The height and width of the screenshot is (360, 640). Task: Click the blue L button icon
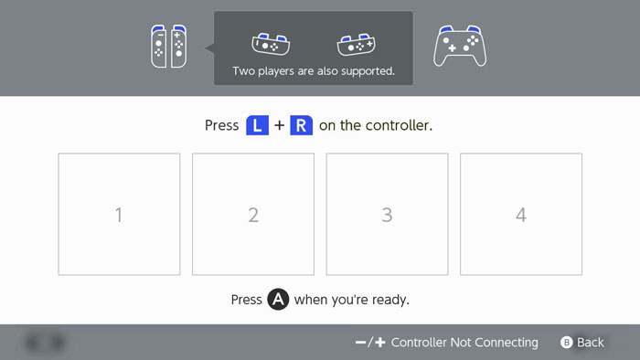click(257, 125)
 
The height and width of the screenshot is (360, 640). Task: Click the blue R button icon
click(301, 125)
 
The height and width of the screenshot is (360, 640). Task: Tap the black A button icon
click(278, 300)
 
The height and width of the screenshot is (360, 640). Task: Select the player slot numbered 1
click(119, 214)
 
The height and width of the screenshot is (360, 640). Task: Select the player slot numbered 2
click(253, 214)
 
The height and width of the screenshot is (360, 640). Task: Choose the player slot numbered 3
click(387, 214)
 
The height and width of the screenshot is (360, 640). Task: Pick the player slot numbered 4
click(521, 214)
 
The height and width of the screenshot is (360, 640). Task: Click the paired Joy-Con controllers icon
click(168, 46)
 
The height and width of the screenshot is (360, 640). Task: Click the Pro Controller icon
click(460, 46)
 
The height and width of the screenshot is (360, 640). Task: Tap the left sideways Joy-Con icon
click(271, 44)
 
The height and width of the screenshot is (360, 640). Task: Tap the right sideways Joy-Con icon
click(356, 44)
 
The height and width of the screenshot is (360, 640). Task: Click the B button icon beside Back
click(567, 343)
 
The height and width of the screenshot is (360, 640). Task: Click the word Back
click(591, 343)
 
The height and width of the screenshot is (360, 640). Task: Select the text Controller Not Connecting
click(464, 343)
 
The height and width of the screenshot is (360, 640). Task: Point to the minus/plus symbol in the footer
click(370, 343)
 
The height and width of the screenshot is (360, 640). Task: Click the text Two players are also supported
click(314, 71)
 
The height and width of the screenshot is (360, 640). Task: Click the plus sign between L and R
click(279, 125)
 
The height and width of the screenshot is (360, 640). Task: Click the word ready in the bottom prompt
click(390, 300)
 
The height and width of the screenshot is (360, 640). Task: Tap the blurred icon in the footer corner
click(45, 343)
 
